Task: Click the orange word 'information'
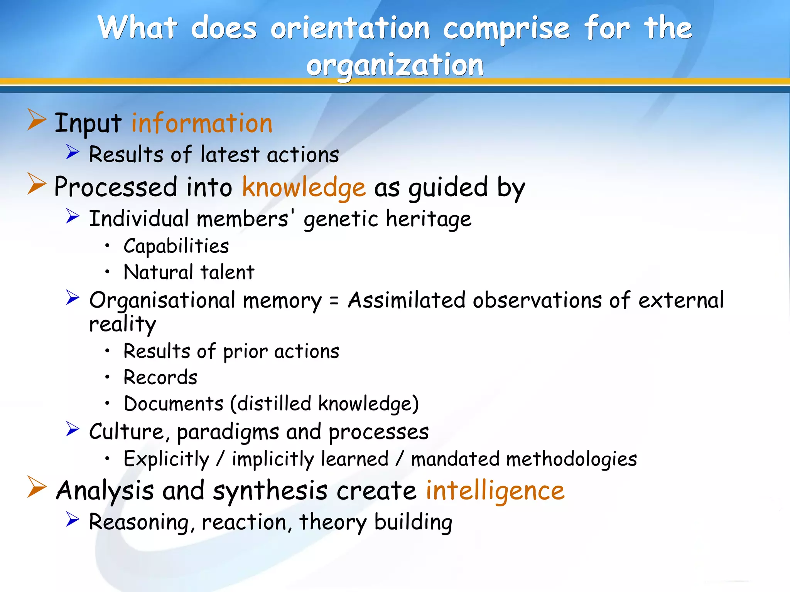pos(202,123)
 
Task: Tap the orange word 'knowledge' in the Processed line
pos(304,187)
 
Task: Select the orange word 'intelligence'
pos(495,491)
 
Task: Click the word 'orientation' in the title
pos(350,28)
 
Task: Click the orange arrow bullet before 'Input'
pos(37,120)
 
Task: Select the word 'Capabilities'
pos(176,246)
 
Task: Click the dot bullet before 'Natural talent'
pos(108,272)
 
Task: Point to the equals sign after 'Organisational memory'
pos(334,301)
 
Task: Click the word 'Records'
pos(160,377)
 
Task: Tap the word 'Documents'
pos(174,404)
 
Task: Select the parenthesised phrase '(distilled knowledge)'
pos(324,404)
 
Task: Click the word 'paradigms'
pos(228,432)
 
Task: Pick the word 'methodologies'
pos(571,459)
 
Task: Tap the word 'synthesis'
pos(270,491)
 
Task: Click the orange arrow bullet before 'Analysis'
pos(37,487)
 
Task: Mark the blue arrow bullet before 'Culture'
pos(72,429)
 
